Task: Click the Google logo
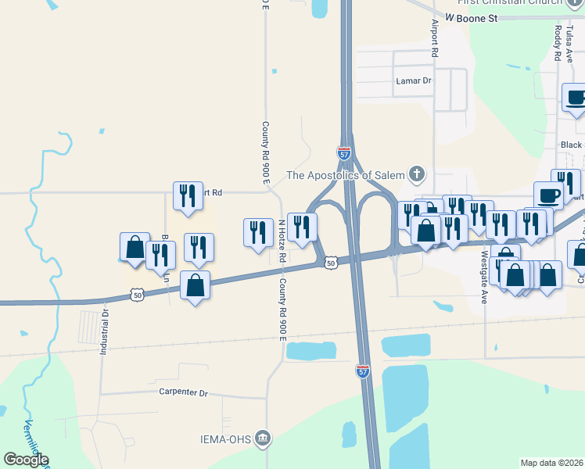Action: pyautogui.click(x=26, y=460)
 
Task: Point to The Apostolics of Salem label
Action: pyautogui.click(x=346, y=174)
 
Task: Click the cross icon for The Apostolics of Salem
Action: pyautogui.click(x=418, y=174)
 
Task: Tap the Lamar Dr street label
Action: pyautogui.click(x=412, y=81)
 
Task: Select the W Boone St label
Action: pyautogui.click(x=472, y=17)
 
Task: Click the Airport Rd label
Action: pyautogui.click(x=435, y=38)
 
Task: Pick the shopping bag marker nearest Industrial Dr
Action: pyautogui.click(x=135, y=248)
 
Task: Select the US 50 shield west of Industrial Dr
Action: pyautogui.click(x=138, y=295)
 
